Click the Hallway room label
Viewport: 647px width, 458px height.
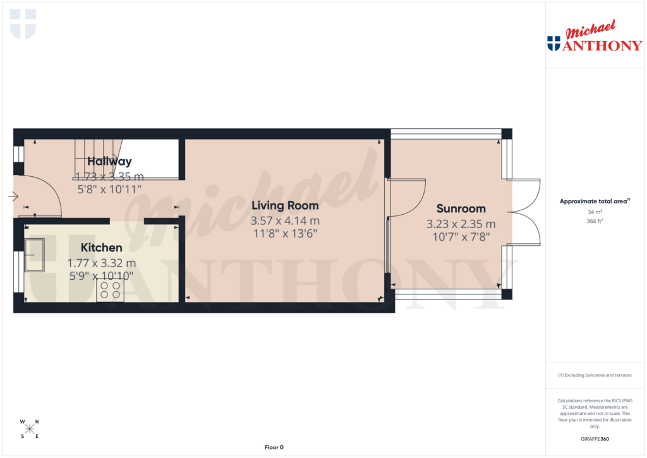pyautogui.click(x=109, y=161)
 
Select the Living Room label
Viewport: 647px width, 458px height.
pyautogui.click(x=284, y=205)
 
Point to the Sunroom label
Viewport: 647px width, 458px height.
pyautogui.click(x=460, y=208)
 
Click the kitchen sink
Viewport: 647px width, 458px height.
pyautogui.click(x=35, y=255)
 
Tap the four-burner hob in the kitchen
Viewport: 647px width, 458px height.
pyautogui.click(x=109, y=290)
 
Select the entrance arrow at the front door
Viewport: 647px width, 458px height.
pyautogui.click(x=13, y=196)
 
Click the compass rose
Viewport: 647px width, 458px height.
pyautogui.click(x=30, y=429)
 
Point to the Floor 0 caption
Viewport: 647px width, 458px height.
pyautogui.click(x=274, y=447)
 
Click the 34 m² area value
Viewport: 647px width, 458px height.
pyautogui.click(x=594, y=212)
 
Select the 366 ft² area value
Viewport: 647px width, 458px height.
pyautogui.click(x=594, y=221)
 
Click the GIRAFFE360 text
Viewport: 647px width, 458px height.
pyautogui.click(x=594, y=439)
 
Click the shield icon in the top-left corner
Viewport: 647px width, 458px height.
pyautogui.click(x=23, y=23)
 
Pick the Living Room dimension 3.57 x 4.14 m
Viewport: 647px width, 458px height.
pyautogui.click(x=285, y=221)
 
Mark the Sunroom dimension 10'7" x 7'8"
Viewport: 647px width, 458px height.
pyautogui.click(x=461, y=237)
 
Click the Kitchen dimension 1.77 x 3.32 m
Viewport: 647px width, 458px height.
pyautogui.click(x=101, y=263)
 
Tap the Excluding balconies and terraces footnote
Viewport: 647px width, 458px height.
pyautogui.click(x=594, y=375)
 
